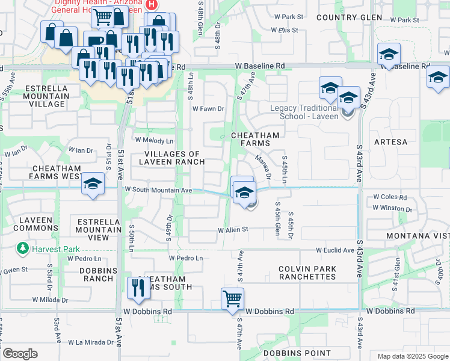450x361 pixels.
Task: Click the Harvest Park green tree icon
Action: tap(22, 248)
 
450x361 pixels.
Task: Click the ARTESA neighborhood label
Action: tap(390, 142)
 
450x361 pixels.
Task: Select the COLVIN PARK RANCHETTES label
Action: tap(307, 273)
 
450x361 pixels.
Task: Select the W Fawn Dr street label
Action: tap(208, 109)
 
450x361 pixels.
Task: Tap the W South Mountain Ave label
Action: tap(158, 190)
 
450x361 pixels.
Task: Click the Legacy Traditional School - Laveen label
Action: tap(301, 112)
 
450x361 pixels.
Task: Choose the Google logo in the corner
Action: tap(20, 353)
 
